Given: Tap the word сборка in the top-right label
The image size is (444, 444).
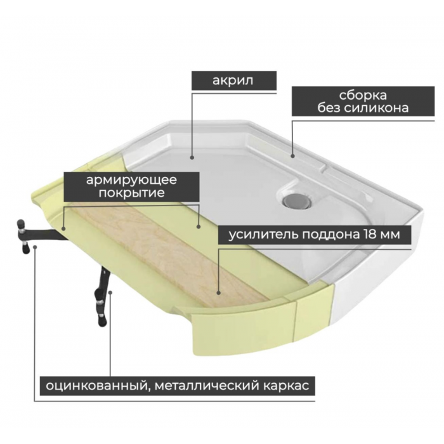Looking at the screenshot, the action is click(x=363, y=95).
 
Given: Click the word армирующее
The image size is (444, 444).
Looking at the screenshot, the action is click(x=131, y=180).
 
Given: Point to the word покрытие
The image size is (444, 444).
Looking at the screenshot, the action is click(x=132, y=193).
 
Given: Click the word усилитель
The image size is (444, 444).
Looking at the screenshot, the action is click(x=263, y=235).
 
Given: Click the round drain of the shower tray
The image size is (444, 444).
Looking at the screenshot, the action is click(x=297, y=200).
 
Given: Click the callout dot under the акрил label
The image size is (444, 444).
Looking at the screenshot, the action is click(x=192, y=157).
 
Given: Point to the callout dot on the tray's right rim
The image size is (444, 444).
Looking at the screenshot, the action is click(x=292, y=155).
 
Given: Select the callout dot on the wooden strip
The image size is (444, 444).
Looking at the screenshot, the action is click(x=219, y=293).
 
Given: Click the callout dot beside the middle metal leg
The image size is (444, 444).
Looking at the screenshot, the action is click(x=110, y=292).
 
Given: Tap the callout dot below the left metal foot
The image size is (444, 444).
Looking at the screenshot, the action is click(x=35, y=247).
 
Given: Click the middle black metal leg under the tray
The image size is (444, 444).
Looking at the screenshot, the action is click(x=101, y=298).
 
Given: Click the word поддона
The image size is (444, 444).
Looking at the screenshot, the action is click(x=330, y=235).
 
